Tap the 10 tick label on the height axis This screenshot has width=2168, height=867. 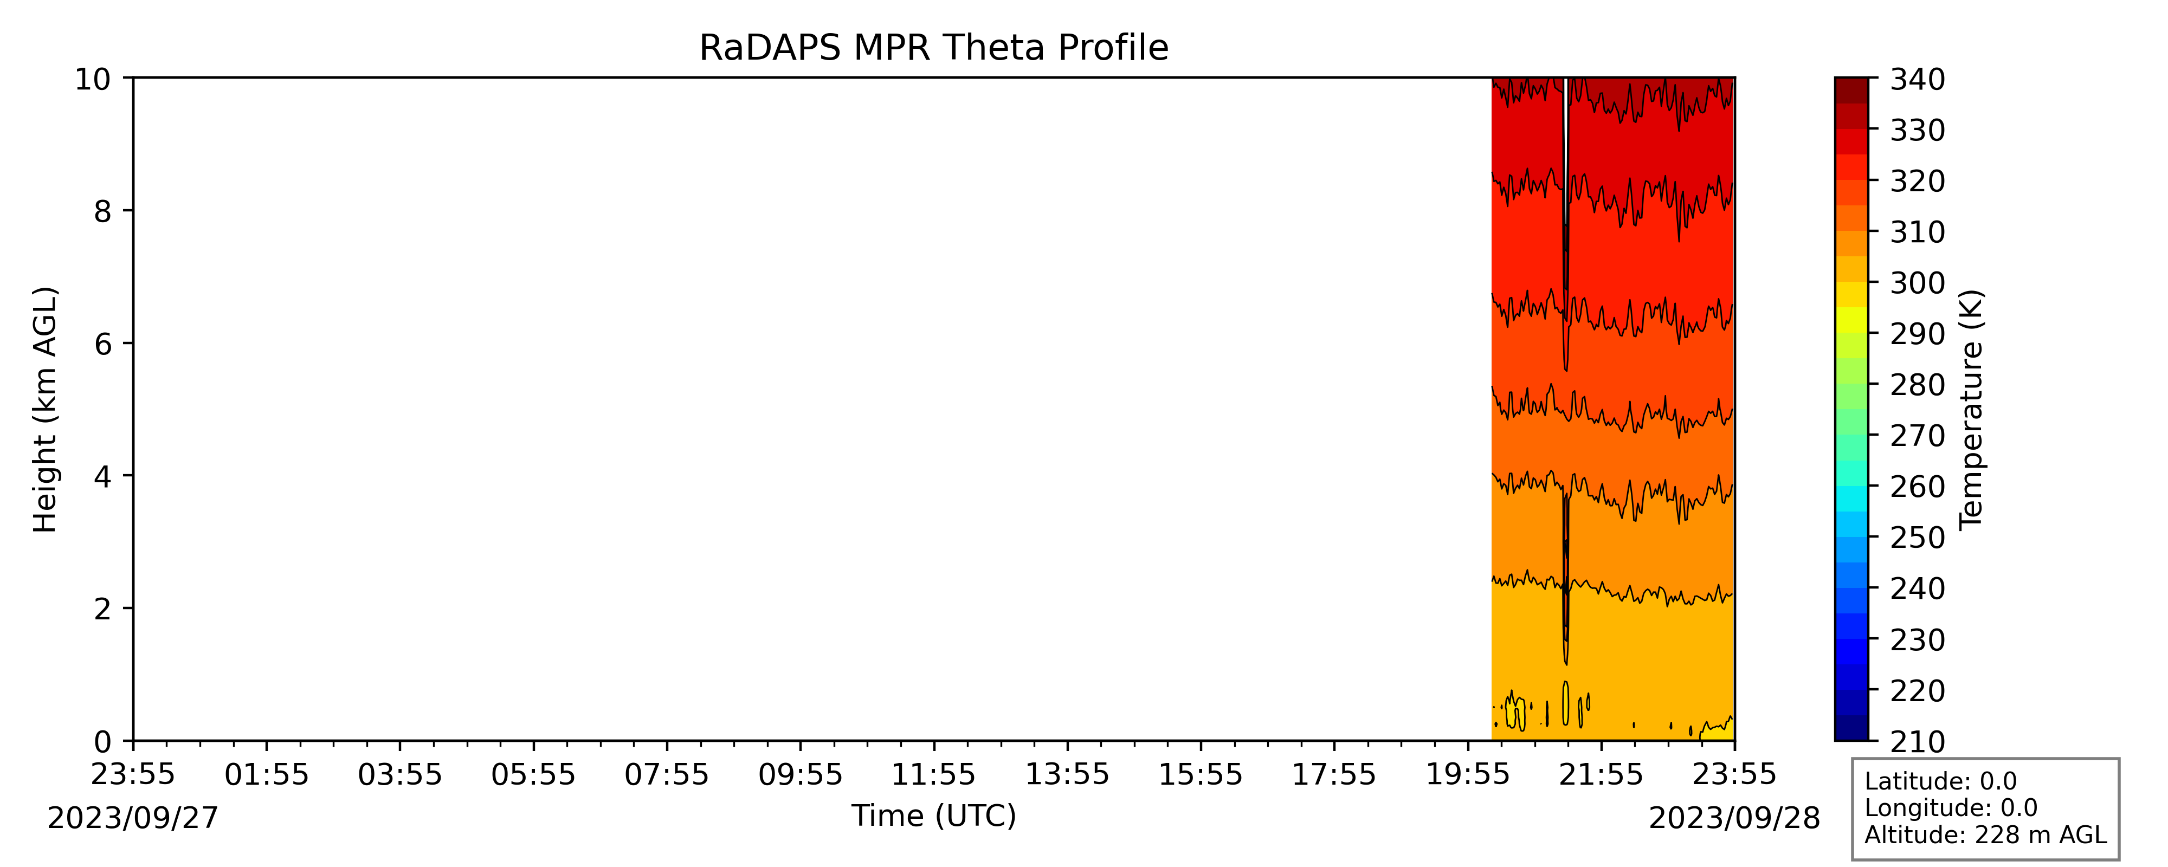point(93,79)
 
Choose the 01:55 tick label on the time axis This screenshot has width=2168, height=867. point(267,774)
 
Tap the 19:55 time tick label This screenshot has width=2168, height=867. point(1468,774)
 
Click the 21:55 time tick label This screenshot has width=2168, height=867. point(1601,774)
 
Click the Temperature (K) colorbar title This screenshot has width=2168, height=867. point(1972,410)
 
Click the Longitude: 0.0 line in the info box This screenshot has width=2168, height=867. point(1951,808)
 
